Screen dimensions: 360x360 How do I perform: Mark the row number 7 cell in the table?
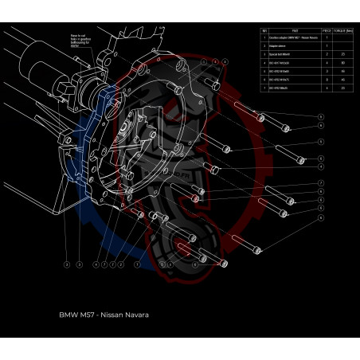264,88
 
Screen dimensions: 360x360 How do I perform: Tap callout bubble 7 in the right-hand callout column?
320,183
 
